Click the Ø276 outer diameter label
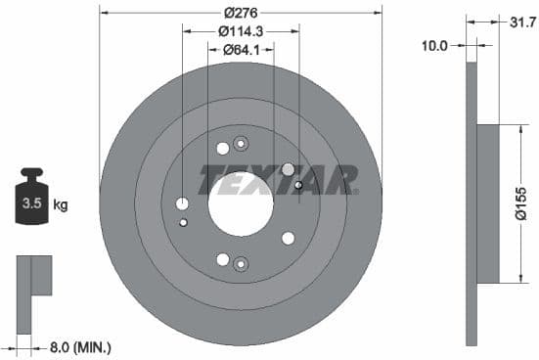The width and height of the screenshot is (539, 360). click(240, 13)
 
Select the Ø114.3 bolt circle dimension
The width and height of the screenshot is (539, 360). click(240, 30)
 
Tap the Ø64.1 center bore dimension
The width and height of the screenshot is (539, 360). click(240, 49)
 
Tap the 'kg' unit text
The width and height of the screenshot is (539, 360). click(61, 205)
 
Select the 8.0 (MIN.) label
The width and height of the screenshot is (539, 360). click(79, 346)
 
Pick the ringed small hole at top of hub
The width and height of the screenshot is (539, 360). click(241, 144)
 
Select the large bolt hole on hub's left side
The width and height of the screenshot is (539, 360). click(182, 203)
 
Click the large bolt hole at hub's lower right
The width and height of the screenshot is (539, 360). click(288, 238)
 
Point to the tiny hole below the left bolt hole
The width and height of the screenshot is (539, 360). click(183, 222)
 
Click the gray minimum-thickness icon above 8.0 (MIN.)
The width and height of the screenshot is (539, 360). click(33, 275)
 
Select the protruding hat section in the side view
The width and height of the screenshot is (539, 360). click(488, 204)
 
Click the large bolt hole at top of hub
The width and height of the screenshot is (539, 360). click(222, 149)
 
